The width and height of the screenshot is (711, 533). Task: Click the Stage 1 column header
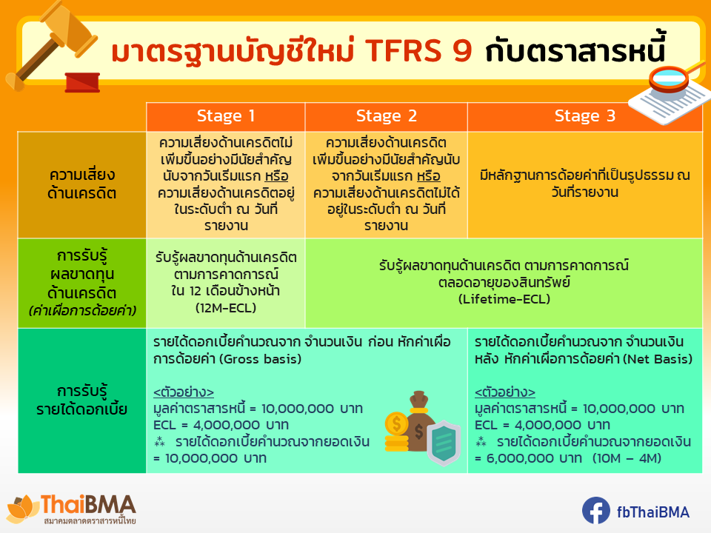pyautogui.click(x=226, y=116)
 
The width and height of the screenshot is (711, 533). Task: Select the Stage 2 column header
pyautogui.click(x=387, y=116)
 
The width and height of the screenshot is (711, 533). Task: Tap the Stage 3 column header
pyautogui.click(x=585, y=116)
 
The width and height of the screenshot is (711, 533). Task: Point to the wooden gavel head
pyautogui.click(x=68, y=28)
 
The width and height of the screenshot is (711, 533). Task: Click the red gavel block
pyautogui.click(x=82, y=82)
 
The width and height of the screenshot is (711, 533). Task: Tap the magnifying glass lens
pyautogui.click(x=670, y=78)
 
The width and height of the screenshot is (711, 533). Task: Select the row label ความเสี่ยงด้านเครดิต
pyautogui.click(x=82, y=184)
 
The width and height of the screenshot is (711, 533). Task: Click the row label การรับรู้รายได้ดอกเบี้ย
pyautogui.click(x=82, y=400)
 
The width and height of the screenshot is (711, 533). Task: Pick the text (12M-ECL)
pyautogui.click(x=226, y=308)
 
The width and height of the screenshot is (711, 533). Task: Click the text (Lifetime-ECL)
pyautogui.click(x=504, y=299)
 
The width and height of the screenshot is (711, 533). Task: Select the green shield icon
pyautogui.click(x=444, y=443)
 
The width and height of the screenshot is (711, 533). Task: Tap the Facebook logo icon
pyautogui.click(x=595, y=511)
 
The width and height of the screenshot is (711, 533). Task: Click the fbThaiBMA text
pyautogui.click(x=653, y=512)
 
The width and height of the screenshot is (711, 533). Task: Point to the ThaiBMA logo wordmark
pyautogui.click(x=88, y=504)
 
